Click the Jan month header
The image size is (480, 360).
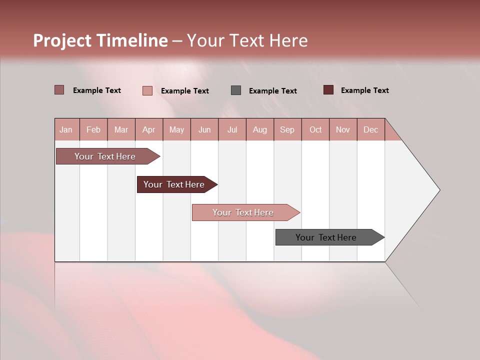[x=66, y=129]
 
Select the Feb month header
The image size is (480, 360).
[x=93, y=129]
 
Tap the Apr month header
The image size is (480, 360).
[x=148, y=129]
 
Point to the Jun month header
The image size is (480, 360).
[x=204, y=129]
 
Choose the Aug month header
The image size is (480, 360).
[x=259, y=129]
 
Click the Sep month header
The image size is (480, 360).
[x=287, y=129]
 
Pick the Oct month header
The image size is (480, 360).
[x=315, y=129]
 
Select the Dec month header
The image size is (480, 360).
[x=370, y=129]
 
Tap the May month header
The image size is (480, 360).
[x=176, y=129]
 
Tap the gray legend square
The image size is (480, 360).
[x=236, y=90]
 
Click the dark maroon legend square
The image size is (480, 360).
[x=328, y=90]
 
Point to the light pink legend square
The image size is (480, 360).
[x=147, y=90]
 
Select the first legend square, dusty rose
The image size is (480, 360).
[x=59, y=90]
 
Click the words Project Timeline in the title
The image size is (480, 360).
[x=100, y=40]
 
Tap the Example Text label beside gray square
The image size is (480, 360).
[x=273, y=90]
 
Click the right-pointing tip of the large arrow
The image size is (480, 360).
[x=438, y=190]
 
